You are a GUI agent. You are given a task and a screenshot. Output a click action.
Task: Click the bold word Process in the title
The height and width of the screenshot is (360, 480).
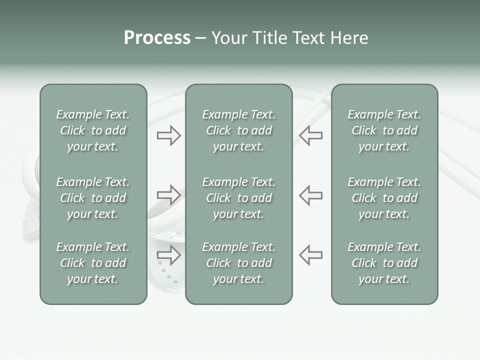[157, 38]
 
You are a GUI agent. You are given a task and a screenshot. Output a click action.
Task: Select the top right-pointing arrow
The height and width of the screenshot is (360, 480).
[168, 135]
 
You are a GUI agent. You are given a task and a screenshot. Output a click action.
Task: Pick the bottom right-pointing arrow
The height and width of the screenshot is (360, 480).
[168, 254]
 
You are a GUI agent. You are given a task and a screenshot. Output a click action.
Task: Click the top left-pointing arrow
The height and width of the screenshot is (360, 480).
[311, 135]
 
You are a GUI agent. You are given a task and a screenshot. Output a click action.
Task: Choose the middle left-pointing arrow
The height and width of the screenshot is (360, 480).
[311, 195]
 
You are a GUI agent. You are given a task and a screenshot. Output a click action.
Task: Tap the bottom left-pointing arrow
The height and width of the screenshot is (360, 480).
[311, 254]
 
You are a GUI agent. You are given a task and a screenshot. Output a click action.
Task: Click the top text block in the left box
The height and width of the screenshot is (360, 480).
[93, 130]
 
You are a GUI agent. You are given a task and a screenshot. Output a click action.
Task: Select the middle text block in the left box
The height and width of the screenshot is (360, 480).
[93, 198]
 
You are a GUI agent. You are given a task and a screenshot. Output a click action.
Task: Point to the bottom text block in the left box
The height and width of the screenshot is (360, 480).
[93, 263]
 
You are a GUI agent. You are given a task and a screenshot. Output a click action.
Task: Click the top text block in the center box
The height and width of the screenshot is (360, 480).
[238, 130]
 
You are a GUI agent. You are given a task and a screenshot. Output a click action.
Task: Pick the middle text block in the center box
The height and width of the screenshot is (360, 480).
[238, 198]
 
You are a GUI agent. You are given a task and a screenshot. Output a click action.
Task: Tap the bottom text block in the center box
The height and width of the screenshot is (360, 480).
[238, 263]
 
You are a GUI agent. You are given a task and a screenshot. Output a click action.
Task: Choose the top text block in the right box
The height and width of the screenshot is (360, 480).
[384, 130]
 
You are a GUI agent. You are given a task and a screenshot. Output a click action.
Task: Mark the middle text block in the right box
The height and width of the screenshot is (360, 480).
[384, 198]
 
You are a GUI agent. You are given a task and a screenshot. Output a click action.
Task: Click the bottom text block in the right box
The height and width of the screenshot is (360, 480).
[384, 263]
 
